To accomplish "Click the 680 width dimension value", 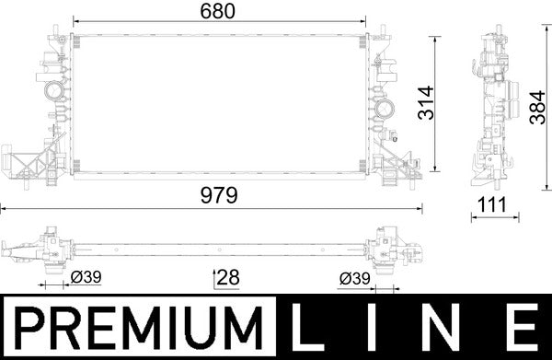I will (x=219, y=12).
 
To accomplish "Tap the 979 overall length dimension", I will (x=219, y=195).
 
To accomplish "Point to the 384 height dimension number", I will (x=535, y=103).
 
